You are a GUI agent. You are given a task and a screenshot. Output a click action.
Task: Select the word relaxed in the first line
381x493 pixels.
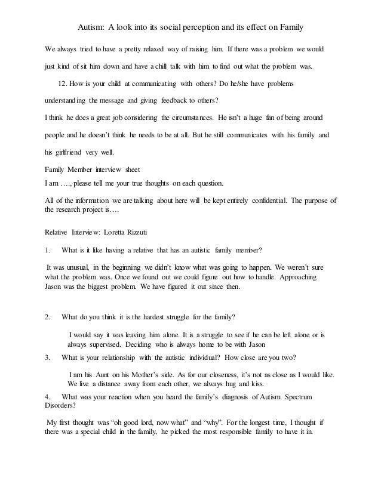tap(160, 47)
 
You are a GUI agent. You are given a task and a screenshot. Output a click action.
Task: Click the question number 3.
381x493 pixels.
tap(48, 358)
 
